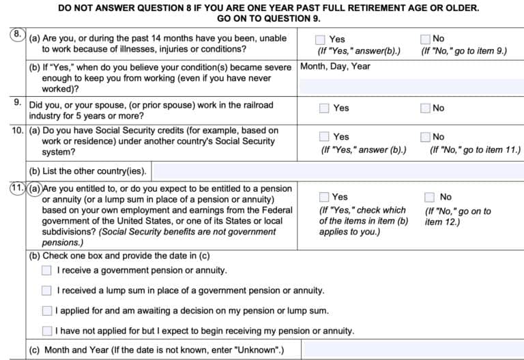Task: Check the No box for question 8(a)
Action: [426, 40]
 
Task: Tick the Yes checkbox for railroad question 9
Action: [324, 108]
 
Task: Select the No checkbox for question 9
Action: [426, 108]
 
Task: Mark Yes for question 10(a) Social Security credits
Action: [324, 136]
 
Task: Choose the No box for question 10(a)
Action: [426, 136]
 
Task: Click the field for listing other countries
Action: [337, 170]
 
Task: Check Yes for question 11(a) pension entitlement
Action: [324, 197]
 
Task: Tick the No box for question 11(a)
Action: [429, 197]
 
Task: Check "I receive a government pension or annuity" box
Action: [46, 270]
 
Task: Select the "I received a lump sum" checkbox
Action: [46, 290]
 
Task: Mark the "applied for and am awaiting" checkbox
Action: [46, 311]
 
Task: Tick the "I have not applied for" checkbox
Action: [46, 331]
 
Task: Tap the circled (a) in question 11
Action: [35, 189]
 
